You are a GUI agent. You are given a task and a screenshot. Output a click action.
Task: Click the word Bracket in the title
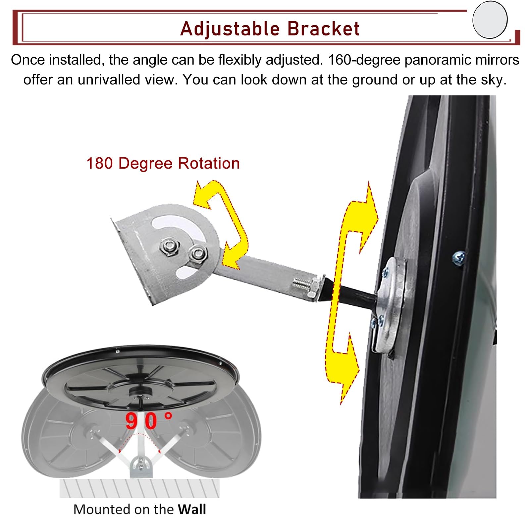(323, 28)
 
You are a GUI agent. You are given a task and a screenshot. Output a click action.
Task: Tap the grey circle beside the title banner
(490, 20)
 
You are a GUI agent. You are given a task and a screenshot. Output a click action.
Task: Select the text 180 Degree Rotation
(163, 163)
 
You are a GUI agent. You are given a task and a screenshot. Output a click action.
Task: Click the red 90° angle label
(149, 421)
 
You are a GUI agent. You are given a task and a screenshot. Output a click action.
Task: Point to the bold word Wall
(192, 509)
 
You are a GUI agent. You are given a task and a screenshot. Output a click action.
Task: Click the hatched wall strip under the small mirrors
(139, 489)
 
